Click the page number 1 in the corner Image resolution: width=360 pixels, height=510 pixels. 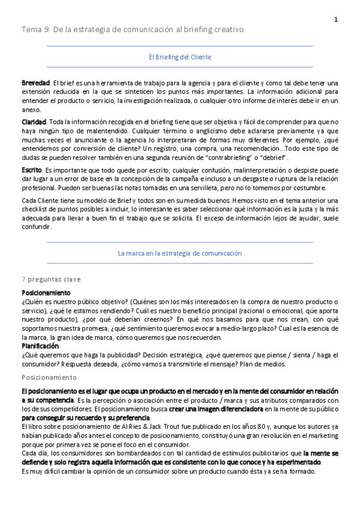pos(336,20)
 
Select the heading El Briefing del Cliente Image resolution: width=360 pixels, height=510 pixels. pos(180,57)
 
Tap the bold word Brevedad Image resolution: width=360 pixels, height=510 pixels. pos(35,82)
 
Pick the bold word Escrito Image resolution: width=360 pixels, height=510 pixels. pos(31,171)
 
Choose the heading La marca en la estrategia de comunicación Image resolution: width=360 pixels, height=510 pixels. pos(180,254)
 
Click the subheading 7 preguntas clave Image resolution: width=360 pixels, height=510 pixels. pos(51,280)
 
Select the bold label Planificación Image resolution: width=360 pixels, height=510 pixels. pos(40,346)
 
